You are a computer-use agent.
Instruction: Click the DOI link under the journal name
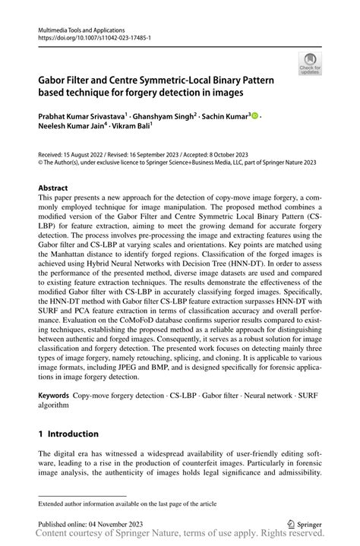tap(90, 36)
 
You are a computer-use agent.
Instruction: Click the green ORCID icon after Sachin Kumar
tap(254, 116)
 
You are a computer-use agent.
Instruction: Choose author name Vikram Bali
tap(136, 128)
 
